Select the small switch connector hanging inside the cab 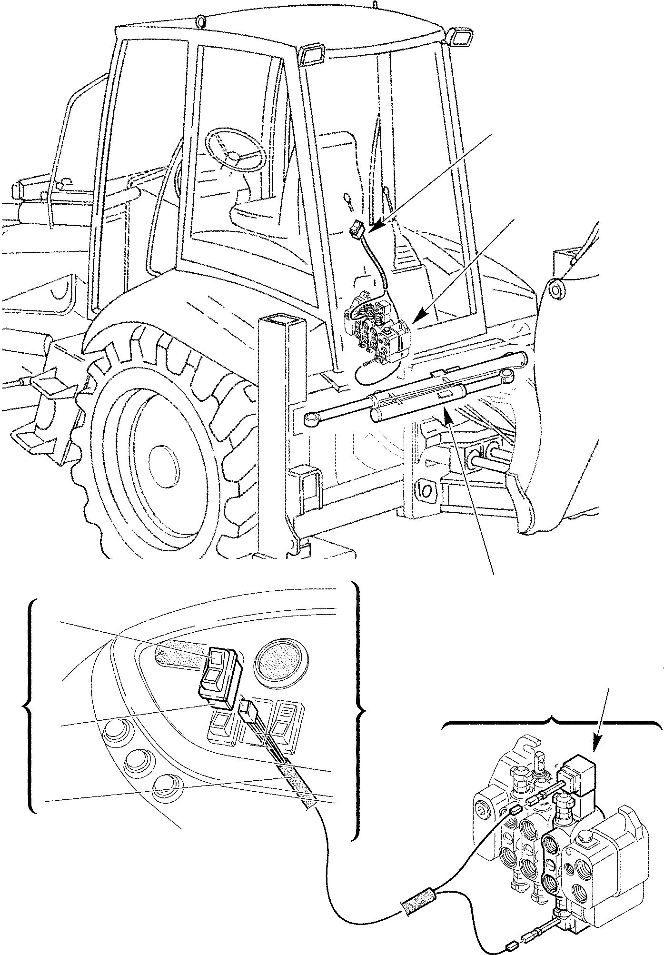pyautogui.click(x=356, y=229)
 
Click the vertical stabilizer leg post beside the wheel pyautogui.click(x=274, y=428)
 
